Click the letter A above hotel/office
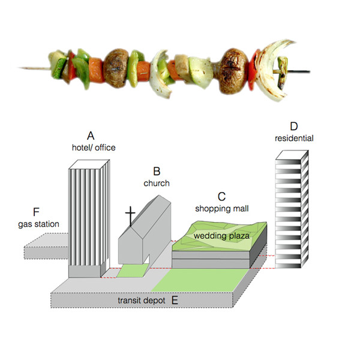[x=91, y=135]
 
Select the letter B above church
[x=157, y=172]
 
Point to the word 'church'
[x=157, y=183]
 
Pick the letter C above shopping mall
[x=221, y=197]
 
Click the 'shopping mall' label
[x=221, y=209]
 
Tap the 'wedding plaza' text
[x=217, y=236]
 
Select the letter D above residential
[x=293, y=127]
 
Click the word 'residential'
[x=294, y=139]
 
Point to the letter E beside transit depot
[x=175, y=299]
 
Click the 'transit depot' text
[x=140, y=299]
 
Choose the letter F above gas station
[x=37, y=212]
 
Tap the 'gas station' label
[x=38, y=224]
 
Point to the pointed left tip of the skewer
[x=20, y=67]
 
